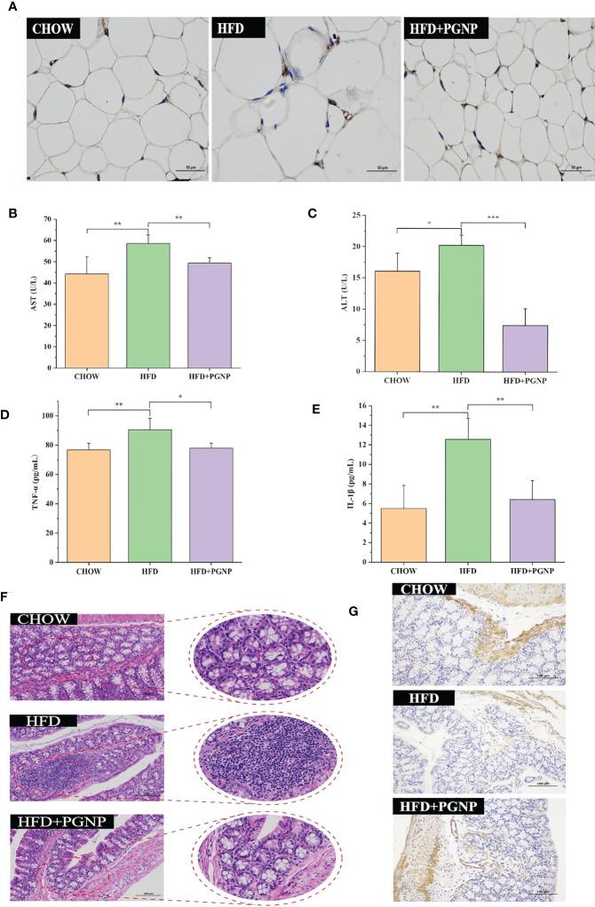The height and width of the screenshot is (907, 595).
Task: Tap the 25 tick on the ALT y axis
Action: (x=359, y=216)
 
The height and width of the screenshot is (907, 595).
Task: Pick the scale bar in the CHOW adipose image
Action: (x=190, y=169)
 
